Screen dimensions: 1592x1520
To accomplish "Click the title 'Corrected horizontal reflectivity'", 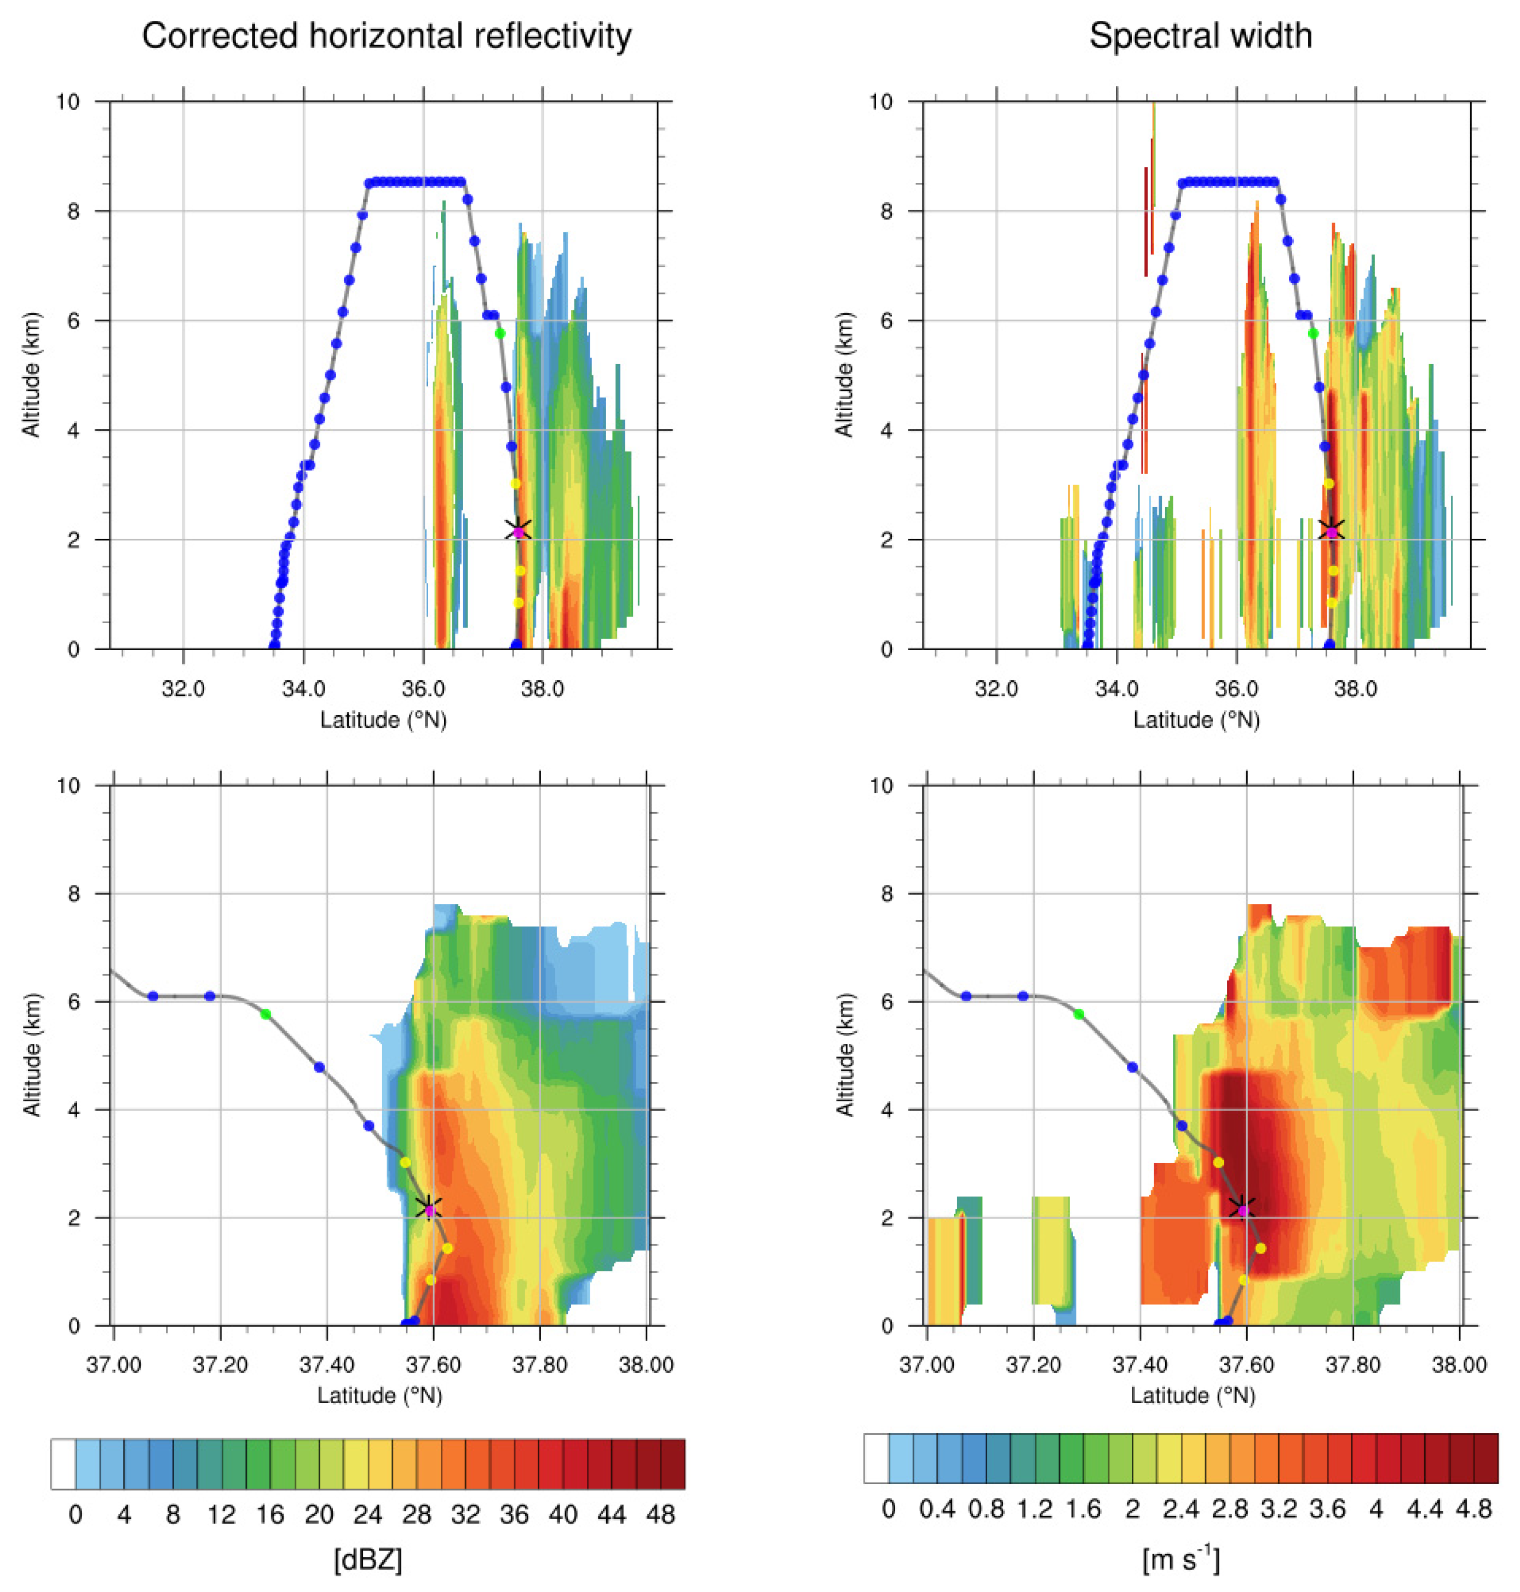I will (387, 37).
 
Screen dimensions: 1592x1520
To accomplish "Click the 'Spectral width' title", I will (1200, 37).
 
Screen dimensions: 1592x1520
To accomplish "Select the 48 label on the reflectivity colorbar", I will (661, 1514).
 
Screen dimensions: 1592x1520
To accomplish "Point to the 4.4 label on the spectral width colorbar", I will (1424, 1509).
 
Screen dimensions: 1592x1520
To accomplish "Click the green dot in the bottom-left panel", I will (265, 1014).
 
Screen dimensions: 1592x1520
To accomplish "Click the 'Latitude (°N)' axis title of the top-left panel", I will (383, 720).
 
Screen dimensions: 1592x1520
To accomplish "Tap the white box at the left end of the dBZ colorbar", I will (63, 1464).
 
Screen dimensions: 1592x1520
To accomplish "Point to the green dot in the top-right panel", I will (1314, 333).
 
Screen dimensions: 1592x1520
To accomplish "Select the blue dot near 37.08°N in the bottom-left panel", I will (152, 996).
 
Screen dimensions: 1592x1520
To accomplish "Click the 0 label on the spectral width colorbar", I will (889, 1509).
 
